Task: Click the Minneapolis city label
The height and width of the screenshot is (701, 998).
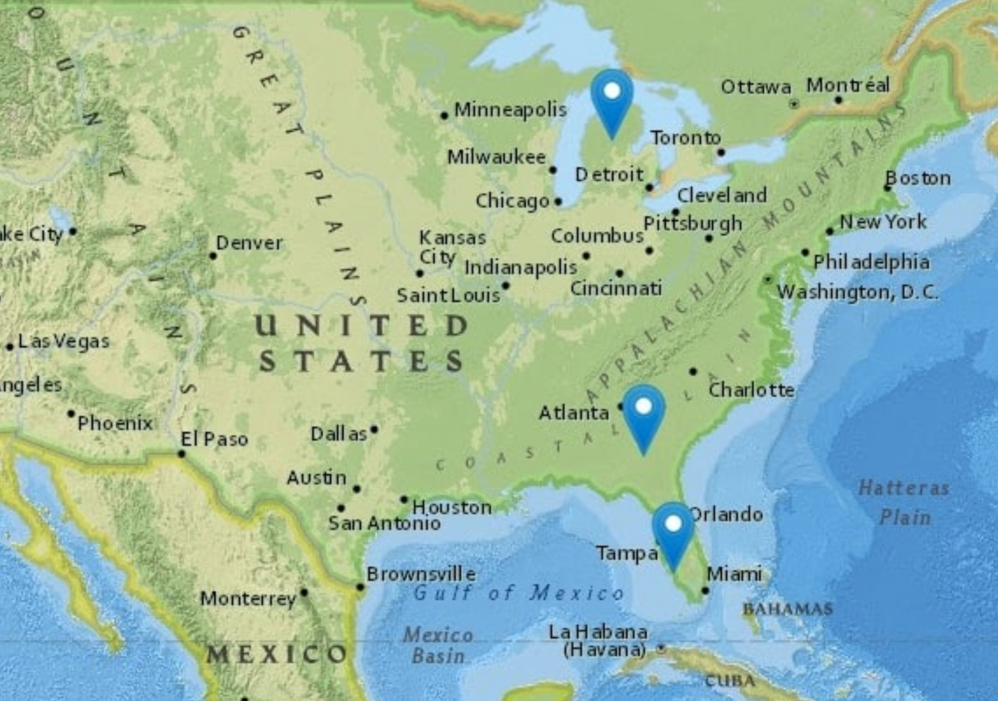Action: pos(510,110)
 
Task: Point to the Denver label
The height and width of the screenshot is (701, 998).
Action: pos(249,243)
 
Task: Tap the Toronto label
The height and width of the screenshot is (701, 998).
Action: pos(685,138)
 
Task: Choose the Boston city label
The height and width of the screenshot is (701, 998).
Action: pos(918,178)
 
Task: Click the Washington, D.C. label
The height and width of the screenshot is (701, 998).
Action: pos(857,292)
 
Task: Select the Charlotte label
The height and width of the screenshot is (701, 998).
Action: pos(751,390)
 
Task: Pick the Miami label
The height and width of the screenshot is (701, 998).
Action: pos(734,574)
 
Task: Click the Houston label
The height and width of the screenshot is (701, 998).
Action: pos(452,507)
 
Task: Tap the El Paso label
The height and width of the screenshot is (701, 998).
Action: pos(214,440)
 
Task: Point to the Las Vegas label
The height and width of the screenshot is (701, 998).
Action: pos(64,341)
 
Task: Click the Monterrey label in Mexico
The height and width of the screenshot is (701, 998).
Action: pos(248,599)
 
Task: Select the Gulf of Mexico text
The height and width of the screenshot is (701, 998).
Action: pos(519,593)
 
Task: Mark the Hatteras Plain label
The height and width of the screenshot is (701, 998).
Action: pos(904,502)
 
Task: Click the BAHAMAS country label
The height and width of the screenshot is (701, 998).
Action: pos(788,608)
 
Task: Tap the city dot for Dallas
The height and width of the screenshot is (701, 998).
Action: pos(374,429)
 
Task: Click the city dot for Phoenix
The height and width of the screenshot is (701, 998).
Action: pos(71,414)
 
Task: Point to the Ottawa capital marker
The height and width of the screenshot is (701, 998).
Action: pos(794,104)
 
